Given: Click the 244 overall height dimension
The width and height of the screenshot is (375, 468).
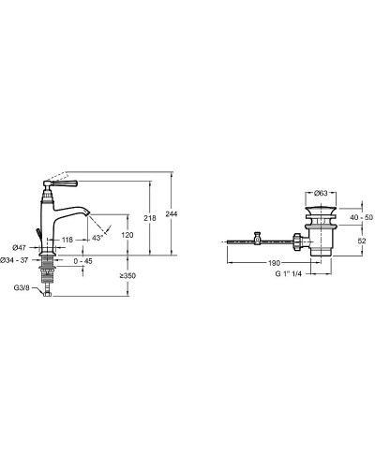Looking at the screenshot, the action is click(172, 213).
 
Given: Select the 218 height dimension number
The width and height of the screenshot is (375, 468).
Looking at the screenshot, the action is click(150, 218).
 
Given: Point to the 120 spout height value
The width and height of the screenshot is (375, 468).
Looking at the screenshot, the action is click(127, 235).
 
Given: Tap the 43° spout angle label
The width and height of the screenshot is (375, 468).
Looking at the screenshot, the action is click(97, 238).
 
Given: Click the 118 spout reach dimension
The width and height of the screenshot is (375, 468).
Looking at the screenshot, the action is click(67, 240).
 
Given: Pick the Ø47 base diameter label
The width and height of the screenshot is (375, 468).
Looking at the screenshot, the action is click(19, 248).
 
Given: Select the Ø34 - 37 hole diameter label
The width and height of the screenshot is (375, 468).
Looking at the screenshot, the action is click(14, 260).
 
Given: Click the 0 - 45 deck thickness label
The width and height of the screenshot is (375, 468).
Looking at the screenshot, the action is click(83, 261).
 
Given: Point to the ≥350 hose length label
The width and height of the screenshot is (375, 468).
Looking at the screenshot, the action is click(127, 276).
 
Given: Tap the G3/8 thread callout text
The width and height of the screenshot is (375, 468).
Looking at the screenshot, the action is click(22, 288).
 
